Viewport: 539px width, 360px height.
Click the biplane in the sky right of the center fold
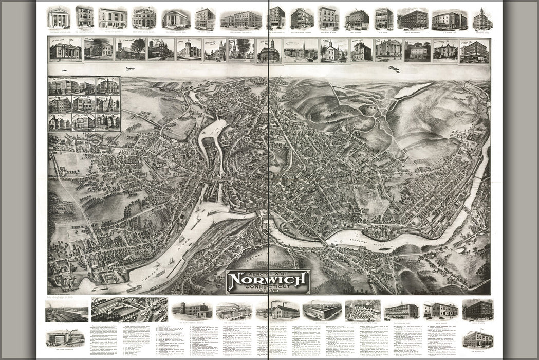tap(394, 69)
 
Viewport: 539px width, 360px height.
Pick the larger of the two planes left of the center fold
tap(130, 68)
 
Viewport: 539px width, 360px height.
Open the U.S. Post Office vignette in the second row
tap(65, 50)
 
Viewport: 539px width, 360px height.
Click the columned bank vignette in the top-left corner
tap(59, 18)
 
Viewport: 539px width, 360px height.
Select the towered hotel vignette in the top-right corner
tap(482, 19)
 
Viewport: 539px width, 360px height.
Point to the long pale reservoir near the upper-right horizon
tap(413, 90)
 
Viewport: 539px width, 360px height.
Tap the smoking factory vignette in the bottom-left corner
tap(65, 338)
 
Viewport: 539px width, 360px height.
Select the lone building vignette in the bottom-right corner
tap(477, 339)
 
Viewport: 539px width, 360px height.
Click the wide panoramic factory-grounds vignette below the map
tap(129, 309)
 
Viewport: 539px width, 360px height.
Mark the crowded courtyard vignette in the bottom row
tap(363, 310)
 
